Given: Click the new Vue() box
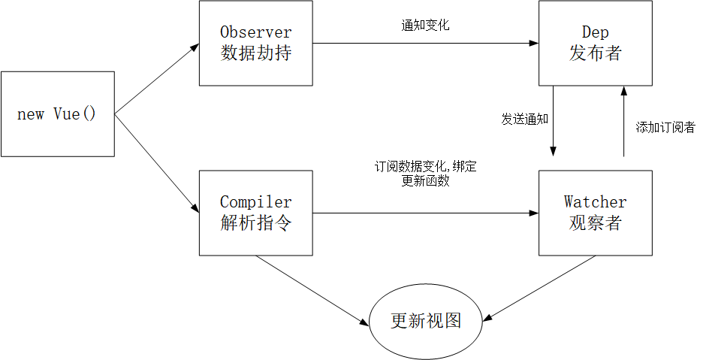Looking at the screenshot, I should [x=57, y=114].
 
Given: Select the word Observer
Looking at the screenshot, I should [x=255, y=33].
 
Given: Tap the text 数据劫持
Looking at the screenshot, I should [x=255, y=54].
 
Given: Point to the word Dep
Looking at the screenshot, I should [x=595, y=33].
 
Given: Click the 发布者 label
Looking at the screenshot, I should [x=595, y=54].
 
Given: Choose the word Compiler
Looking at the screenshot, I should [x=255, y=202].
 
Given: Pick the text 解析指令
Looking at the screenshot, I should [x=255, y=223].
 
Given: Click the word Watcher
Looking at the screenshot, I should [x=595, y=202].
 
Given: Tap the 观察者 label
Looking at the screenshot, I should [x=595, y=223].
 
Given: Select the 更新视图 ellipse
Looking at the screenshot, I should [x=425, y=321].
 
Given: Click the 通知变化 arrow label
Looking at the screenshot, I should [x=425, y=25].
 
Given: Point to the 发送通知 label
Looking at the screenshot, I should [x=525, y=119].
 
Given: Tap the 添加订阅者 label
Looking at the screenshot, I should [x=665, y=127].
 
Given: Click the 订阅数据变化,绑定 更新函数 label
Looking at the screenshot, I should [x=425, y=174].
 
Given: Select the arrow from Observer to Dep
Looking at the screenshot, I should [x=425, y=43].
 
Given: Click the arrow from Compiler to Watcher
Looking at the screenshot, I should [x=425, y=213].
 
